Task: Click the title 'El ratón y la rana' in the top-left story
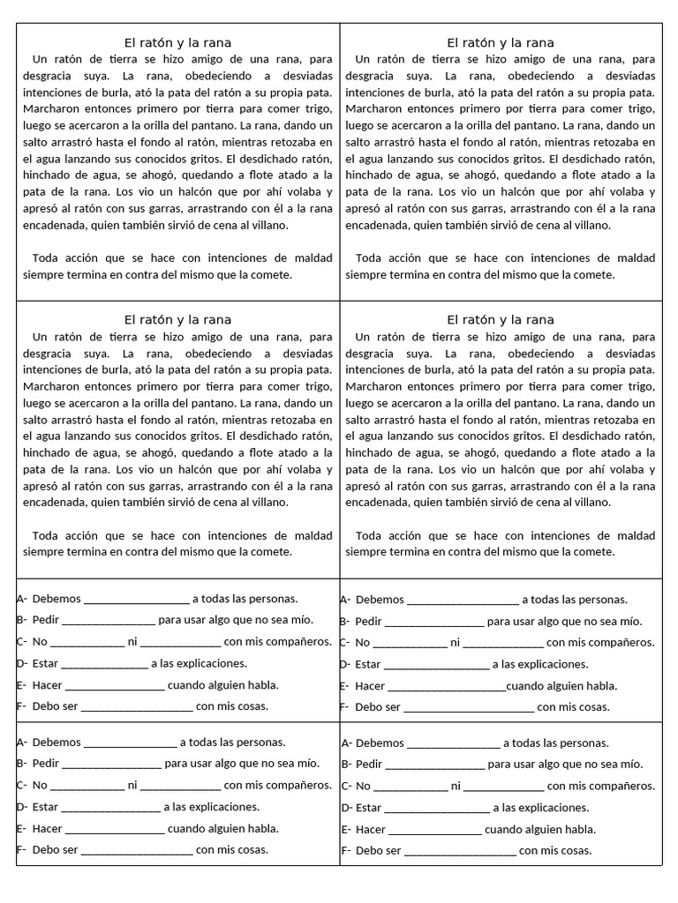tap(177, 42)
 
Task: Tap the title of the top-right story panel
tap(501, 42)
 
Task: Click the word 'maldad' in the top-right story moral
tap(629, 258)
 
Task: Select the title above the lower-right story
tap(501, 319)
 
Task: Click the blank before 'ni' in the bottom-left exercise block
tap(87, 786)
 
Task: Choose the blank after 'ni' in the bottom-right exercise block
tap(503, 787)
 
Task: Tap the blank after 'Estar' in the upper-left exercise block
tap(104, 664)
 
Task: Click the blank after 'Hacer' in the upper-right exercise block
tap(447, 686)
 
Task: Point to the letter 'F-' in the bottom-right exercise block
tap(346, 851)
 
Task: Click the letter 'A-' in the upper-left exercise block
tap(22, 599)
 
